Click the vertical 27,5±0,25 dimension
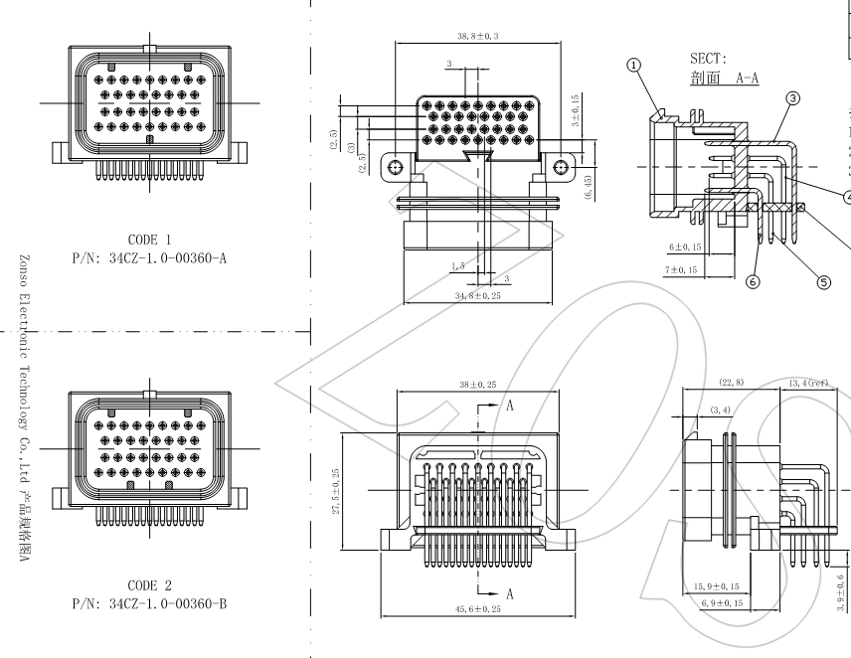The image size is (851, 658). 335,491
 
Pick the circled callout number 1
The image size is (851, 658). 634,67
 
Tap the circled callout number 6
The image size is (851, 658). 752,281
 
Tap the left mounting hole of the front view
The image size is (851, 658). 397,167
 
